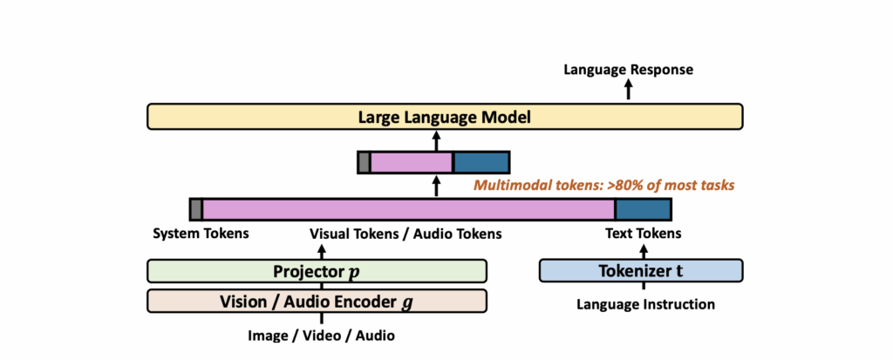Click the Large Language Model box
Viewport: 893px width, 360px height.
click(445, 116)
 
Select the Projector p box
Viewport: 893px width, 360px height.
click(317, 271)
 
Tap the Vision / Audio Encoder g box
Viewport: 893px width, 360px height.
click(317, 302)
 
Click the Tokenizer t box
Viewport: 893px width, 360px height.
click(641, 271)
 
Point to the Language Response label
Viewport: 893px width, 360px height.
click(628, 69)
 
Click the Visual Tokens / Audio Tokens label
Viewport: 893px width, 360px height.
click(406, 234)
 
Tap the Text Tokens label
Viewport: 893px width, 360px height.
click(643, 234)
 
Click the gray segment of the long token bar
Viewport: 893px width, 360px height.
click(196, 209)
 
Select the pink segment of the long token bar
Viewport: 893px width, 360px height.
click(408, 209)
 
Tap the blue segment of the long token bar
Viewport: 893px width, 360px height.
click(643, 209)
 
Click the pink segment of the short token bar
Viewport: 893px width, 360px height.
click(411, 162)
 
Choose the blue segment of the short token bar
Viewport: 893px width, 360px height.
click(481, 162)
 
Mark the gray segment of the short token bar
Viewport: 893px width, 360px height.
click(364, 162)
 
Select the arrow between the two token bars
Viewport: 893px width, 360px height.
click(437, 186)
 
